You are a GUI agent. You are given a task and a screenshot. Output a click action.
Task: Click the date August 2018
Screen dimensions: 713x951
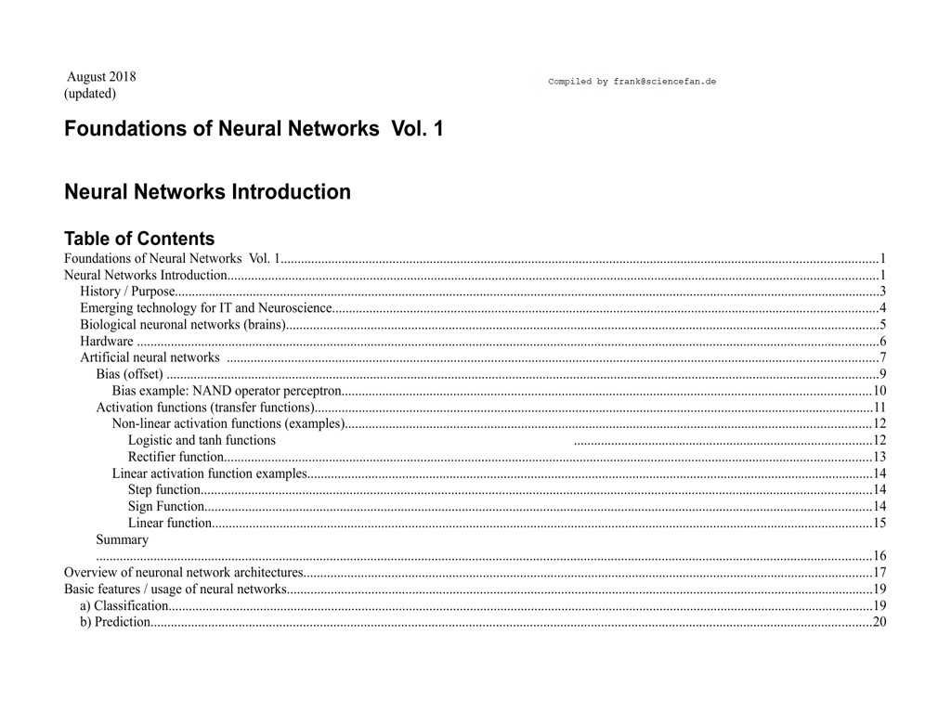click(101, 77)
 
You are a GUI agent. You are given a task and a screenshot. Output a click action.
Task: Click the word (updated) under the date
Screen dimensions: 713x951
click(90, 94)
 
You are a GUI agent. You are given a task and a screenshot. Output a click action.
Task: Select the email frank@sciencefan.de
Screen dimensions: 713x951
click(664, 82)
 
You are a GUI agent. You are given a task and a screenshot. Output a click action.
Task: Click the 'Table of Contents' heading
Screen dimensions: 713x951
click(139, 239)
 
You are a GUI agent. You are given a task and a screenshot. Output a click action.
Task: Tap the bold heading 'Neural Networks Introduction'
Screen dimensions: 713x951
click(207, 192)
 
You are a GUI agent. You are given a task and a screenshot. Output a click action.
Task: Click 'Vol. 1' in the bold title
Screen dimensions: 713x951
click(417, 129)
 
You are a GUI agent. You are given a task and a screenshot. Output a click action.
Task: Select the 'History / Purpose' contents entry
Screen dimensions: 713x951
click(127, 292)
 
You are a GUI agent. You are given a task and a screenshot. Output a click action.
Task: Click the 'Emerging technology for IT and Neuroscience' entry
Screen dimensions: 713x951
click(206, 308)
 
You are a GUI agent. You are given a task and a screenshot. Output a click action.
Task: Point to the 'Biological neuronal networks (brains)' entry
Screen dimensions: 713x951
click(182, 325)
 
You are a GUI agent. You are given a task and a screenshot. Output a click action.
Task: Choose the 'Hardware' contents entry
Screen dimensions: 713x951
click(107, 342)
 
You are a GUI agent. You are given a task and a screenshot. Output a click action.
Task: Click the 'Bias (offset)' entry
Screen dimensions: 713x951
click(130, 374)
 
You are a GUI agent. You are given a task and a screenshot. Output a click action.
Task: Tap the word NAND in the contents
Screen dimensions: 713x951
click(213, 391)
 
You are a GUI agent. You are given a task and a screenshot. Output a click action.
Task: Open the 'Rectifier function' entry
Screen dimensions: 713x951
click(176, 457)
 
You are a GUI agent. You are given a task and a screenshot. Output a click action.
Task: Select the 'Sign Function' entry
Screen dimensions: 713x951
click(166, 506)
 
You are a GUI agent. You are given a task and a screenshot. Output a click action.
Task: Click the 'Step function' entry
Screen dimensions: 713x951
click(164, 489)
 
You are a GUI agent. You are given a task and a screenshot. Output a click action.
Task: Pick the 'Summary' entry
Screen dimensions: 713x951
click(123, 539)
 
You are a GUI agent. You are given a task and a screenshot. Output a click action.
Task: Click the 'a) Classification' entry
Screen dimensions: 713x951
click(124, 605)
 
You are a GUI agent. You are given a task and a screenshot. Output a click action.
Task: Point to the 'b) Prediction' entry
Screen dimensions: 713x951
click(115, 622)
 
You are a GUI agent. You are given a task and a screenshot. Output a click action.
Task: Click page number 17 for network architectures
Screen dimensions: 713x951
click(879, 572)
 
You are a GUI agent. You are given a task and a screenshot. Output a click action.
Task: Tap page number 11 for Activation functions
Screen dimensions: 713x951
click(879, 408)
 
